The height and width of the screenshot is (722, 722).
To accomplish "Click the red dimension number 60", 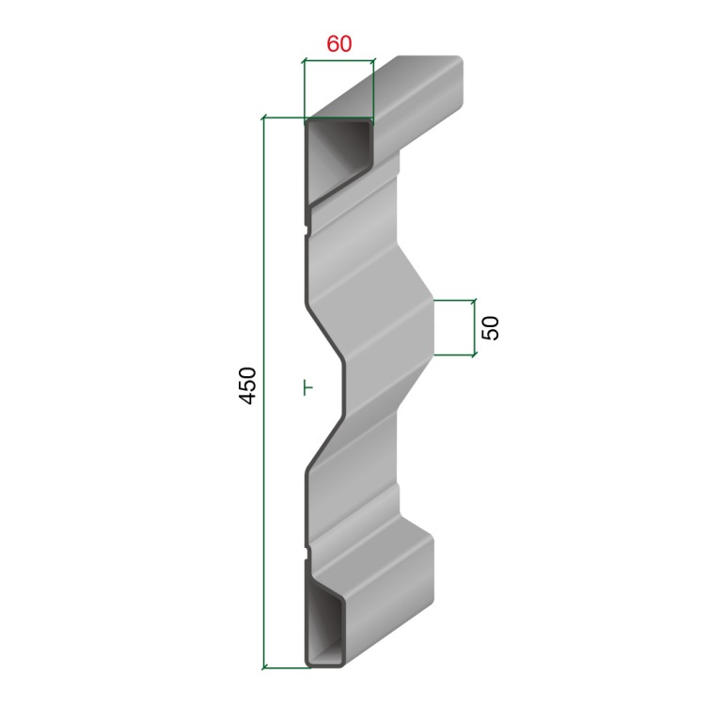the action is click(x=339, y=44).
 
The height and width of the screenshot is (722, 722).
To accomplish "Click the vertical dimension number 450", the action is click(x=248, y=385).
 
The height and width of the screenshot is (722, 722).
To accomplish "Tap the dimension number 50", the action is click(x=491, y=328).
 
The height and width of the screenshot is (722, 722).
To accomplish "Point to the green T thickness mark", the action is click(x=308, y=387).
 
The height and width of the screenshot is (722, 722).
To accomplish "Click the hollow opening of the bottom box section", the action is click(x=325, y=625).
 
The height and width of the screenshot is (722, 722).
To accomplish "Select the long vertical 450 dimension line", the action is click(x=264, y=392).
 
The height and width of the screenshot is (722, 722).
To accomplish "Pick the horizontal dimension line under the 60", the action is click(x=338, y=60).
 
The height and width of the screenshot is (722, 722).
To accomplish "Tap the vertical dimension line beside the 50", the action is click(x=474, y=327).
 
